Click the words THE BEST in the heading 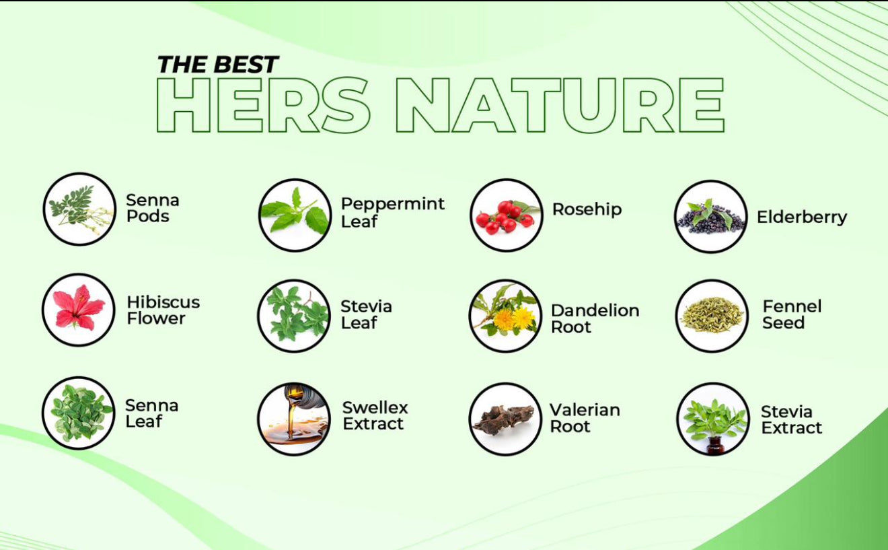point(218,64)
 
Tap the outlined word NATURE point(560,105)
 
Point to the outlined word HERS point(264,105)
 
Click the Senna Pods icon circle point(79,209)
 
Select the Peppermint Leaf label point(392,212)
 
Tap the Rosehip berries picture point(507,215)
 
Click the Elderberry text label point(802,217)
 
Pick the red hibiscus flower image point(79,310)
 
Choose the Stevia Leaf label point(366,314)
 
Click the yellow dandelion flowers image point(505,316)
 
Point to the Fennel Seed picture point(712,316)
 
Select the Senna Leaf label point(151,413)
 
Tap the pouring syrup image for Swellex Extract point(294,419)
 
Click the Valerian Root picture point(505,419)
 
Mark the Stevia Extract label point(791,420)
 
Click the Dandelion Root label point(595,318)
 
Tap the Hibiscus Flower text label point(163,310)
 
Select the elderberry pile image point(711,217)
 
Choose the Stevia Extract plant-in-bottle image point(713,419)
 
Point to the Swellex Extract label point(375,415)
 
